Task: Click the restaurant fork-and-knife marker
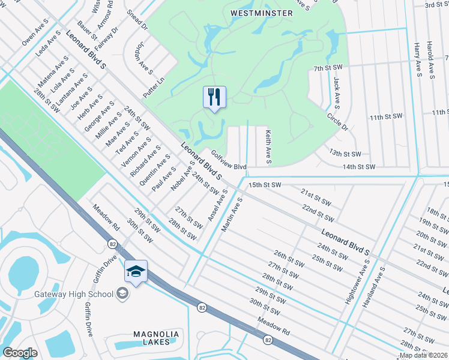click(214, 97)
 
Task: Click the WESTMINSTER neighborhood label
click(259, 12)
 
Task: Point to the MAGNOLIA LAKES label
click(156, 338)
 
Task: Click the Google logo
click(20, 353)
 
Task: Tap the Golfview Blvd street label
click(229, 166)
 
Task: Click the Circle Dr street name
click(337, 120)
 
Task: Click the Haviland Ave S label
click(373, 287)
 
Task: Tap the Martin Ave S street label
click(231, 214)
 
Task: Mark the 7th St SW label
click(328, 69)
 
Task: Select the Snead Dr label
click(137, 19)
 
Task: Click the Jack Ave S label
click(337, 89)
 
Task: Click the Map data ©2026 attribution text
click(423, 355)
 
